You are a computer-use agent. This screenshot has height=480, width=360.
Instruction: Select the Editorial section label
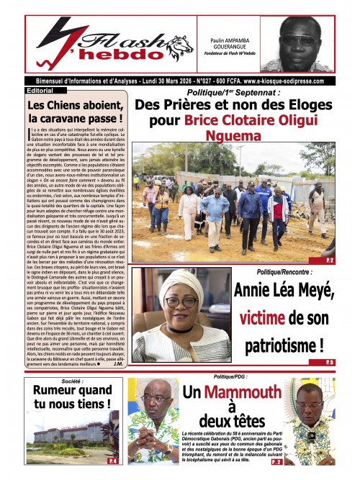(44, 91)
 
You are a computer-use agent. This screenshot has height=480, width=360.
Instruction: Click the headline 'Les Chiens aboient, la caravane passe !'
(75, 111)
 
